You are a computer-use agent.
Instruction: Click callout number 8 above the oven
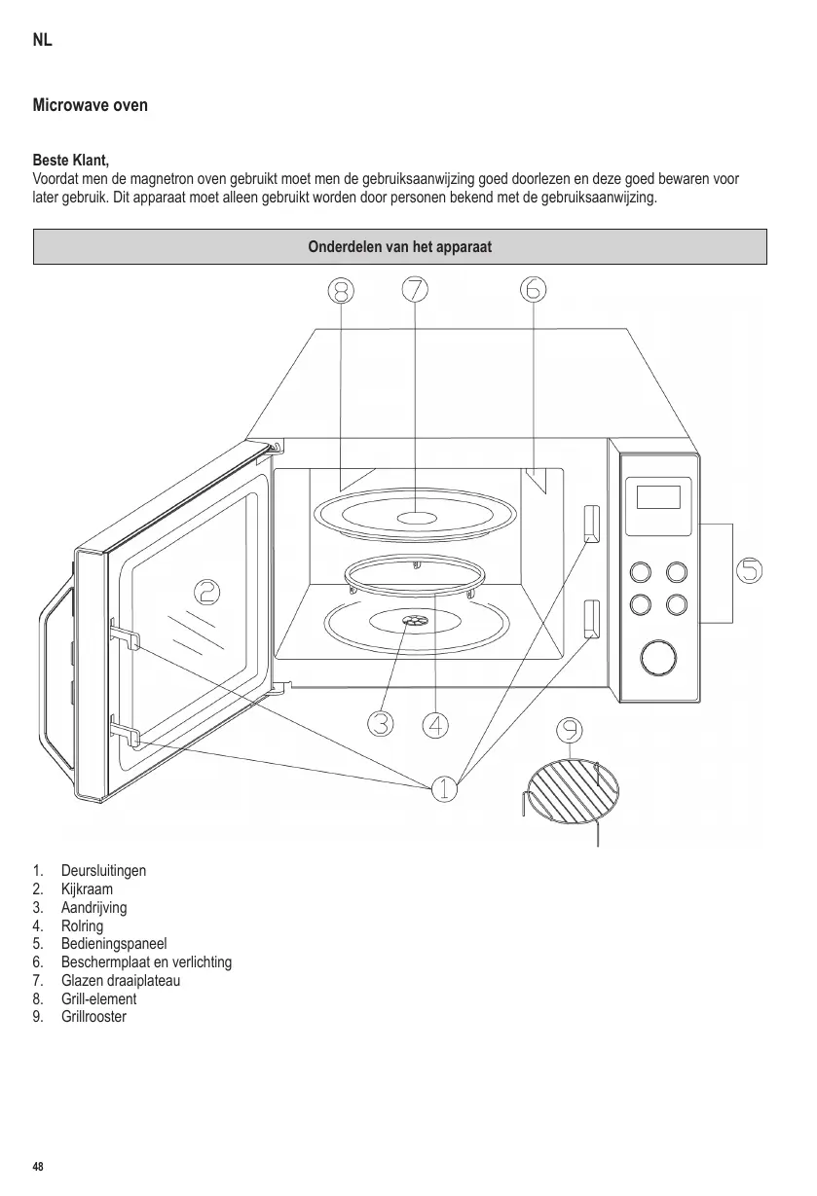[x=340, y=290]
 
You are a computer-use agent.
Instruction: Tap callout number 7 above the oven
[x=415, y=289]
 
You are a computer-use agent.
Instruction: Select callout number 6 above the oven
[x=534, y=289]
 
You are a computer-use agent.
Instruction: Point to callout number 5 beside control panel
[x=749, y=570]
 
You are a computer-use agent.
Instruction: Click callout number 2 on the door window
[x=206, y=591]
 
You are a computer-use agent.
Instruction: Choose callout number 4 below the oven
[x=436, y=724]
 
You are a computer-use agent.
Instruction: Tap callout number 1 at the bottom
[x=444, y=787]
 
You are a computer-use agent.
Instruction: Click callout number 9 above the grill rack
[x=571, y=730]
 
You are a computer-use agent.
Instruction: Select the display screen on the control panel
[x=657, y=496]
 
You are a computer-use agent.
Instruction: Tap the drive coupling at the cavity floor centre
[x=414, y=621]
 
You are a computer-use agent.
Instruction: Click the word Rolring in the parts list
[x=82, y=925]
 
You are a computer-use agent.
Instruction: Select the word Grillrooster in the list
[x=93, y=1017]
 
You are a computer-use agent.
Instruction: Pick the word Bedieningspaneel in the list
[x=113, y=944]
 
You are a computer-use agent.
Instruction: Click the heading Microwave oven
[x=91, y=104]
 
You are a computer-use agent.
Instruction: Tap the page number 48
[x=38, y=1166]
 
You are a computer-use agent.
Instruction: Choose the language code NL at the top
[x=42, y=41]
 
